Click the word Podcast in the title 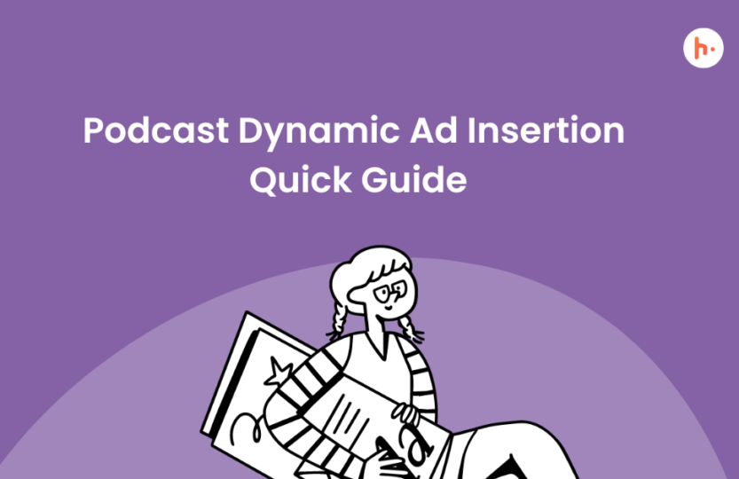pyautogui.click(x=156, y=130)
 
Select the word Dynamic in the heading pyautogui.click(x=319, y=132)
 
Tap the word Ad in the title pyautogui.click(x=434, y=130)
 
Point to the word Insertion pyautogui.click(x=546, y=130)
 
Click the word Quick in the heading pyautogui.click(x=301, y=179)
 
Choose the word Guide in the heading pyautogui.click(x=413, y=179)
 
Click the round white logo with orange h pyautogui.click(x=704, y=48)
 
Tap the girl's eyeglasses pyautogui.click(x=390, y=292)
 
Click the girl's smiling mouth pyautogui.click(x=388, y=308)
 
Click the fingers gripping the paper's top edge pyautogui.click(x=405, y=413)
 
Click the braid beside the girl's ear pyautogui.click(x=338, y=319)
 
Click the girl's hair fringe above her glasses pyautogui.click(x=384, y=269)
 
